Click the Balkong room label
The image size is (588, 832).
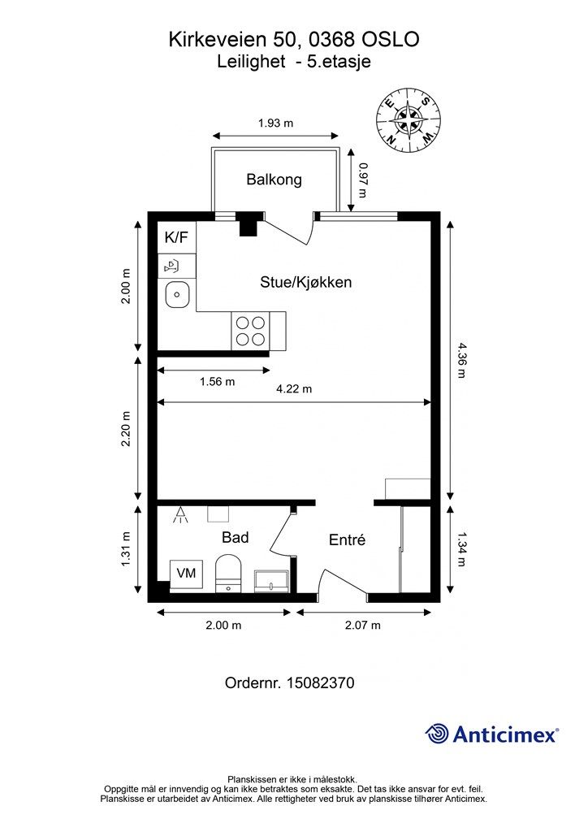pyautogui.click(x=275, y=180)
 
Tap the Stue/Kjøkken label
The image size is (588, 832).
pyautogui.click(x=306, y=282)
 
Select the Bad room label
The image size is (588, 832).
pyautogui.click(x=235, y=538)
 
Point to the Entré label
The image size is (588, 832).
pyautogui.click(x=348, y=539)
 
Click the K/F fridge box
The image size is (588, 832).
pyautogui.click(x=177, y=237)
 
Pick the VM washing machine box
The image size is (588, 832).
pyautogui.click(x=186, y=574)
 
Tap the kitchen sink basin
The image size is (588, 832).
pyautogui.click(x=177, y=295)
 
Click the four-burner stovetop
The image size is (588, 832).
pyautogui.click(x=250, y=331)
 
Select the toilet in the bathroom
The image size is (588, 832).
pyautogui.click(x=228, y=574)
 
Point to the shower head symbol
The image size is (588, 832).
pyautogui.click(x=181, y=514)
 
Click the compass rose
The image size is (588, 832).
pyautogui.click(x=409, y=120)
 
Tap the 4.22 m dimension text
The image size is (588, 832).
pyautogui.click(x=294, y=389)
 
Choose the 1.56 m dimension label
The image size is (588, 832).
pyautogui.click(x=218, y=382)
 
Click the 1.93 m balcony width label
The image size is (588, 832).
pyautogui.click(x=275, y=123)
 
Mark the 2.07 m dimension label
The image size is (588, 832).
pyautogui.click(x=363, y=625)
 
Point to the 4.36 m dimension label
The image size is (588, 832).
pyautogui.click(x=460, y=360)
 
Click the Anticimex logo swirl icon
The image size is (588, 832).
pyautogui.click(x=437, y=734)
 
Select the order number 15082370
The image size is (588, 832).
pyautogui.click(x=320, y=682)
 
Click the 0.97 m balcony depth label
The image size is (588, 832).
pyautogui.click(x=363, y=180)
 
